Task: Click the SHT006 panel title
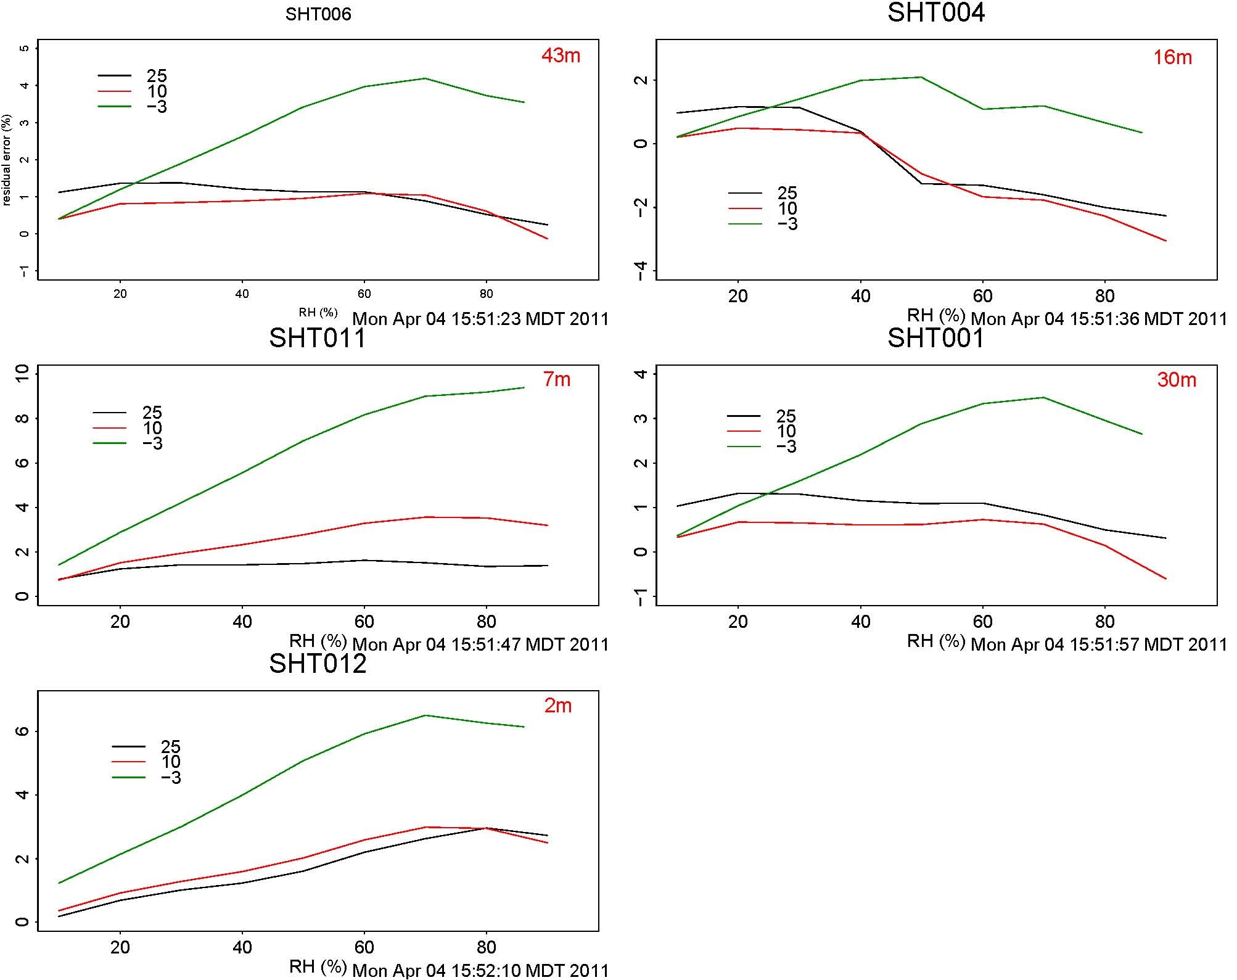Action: point(318,14)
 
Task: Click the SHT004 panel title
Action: point(935,13)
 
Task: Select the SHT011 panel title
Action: point(318,338)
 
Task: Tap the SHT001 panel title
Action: point(935,338)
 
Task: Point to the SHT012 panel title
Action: point(318,664)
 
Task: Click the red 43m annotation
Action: point(561,56)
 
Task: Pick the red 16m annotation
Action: point(1172,57)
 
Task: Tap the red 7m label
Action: point(557,379)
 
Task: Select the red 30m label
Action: point(1177,380)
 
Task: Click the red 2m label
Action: point(557,705)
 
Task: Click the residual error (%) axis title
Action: point(7,160)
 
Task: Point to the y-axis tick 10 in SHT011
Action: point(23,374)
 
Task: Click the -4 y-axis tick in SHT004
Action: point(641,270)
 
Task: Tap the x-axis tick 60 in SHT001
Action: point(982,622)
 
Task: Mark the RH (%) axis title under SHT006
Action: point(318,313)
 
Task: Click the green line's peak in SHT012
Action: point(425,715)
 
